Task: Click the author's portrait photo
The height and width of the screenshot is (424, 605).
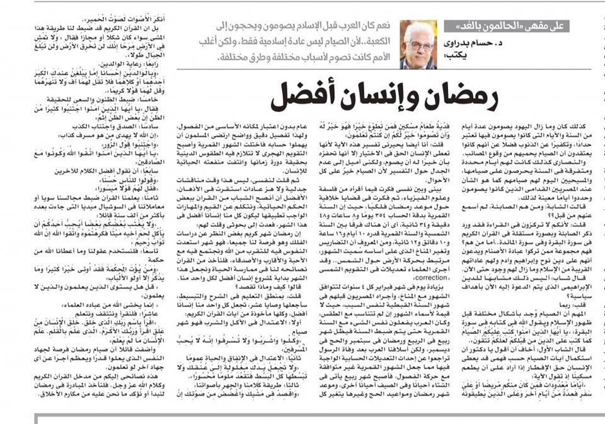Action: (x=418, y=45)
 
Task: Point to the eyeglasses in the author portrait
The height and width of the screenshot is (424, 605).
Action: (x=418, y=41)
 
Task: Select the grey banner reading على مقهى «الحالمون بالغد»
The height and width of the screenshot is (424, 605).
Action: (x=526, y=27)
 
